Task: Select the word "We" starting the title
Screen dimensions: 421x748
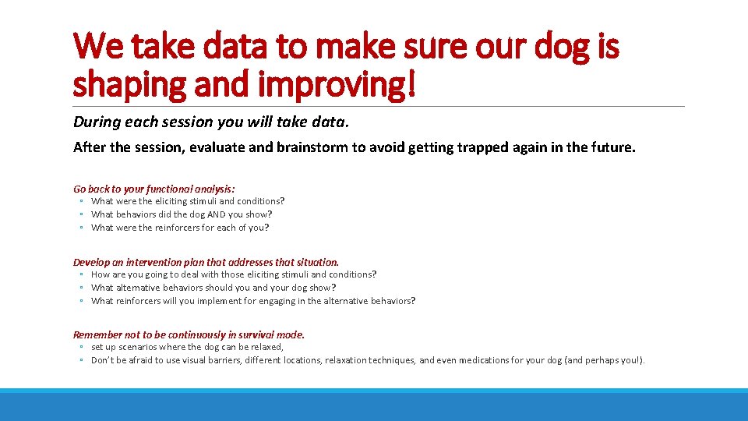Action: (100, 46)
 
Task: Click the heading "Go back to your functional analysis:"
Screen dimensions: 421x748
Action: (154, 189)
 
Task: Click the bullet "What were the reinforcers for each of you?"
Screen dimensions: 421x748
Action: (179, 228)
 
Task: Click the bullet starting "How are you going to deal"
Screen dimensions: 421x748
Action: (233, 274)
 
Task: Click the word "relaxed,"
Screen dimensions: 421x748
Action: (266, 347)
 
